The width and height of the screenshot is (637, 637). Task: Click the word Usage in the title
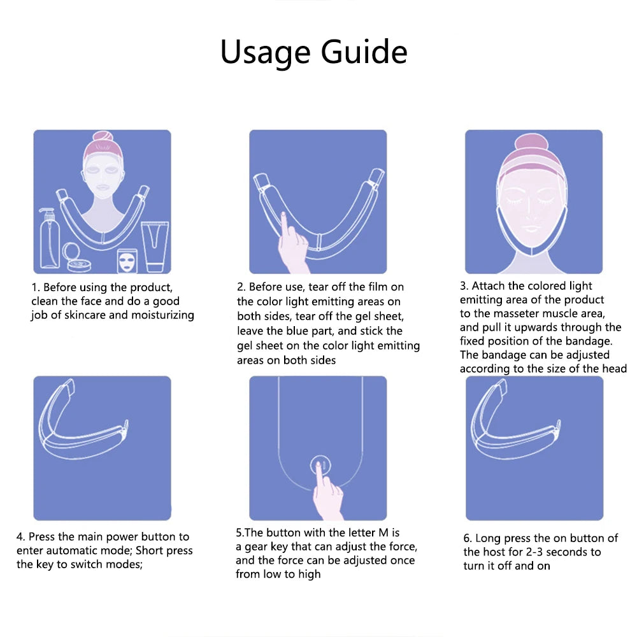pyautogui.click(x=266, y=52)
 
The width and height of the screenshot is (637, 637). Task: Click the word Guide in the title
pyautogui.click(x=364, y=52)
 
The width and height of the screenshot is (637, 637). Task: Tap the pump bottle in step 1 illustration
pyautogui.click(x=49, y=238)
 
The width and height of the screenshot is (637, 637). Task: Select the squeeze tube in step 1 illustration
pyautogui.click(x=154, y=246)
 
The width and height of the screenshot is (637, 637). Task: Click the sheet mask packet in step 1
pyautogui.click(x=127, y=261)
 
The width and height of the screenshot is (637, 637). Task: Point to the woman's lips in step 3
pyautogui.click(x=531, y=229)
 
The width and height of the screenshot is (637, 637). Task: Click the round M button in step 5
pyautogui.click(x=320, y=466)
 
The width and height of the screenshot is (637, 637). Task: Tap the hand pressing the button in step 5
pyautogui.click(x=327, y=493)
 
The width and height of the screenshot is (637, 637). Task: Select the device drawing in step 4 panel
pyautogui.click(x=82, y=422)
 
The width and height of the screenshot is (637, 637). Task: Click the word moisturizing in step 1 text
pyautogui.click(x=162, y=315)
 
